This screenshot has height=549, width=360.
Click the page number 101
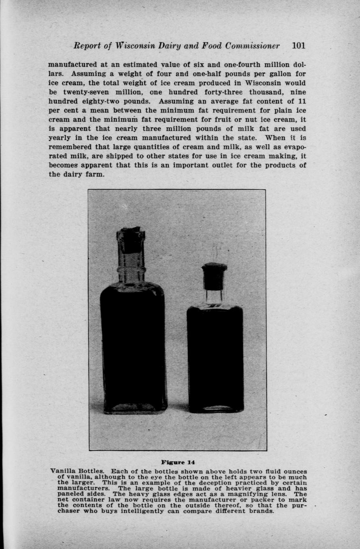298,45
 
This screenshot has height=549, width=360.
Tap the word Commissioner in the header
253,45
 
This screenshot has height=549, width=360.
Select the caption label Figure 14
178,462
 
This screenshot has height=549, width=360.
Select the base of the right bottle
215,408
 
